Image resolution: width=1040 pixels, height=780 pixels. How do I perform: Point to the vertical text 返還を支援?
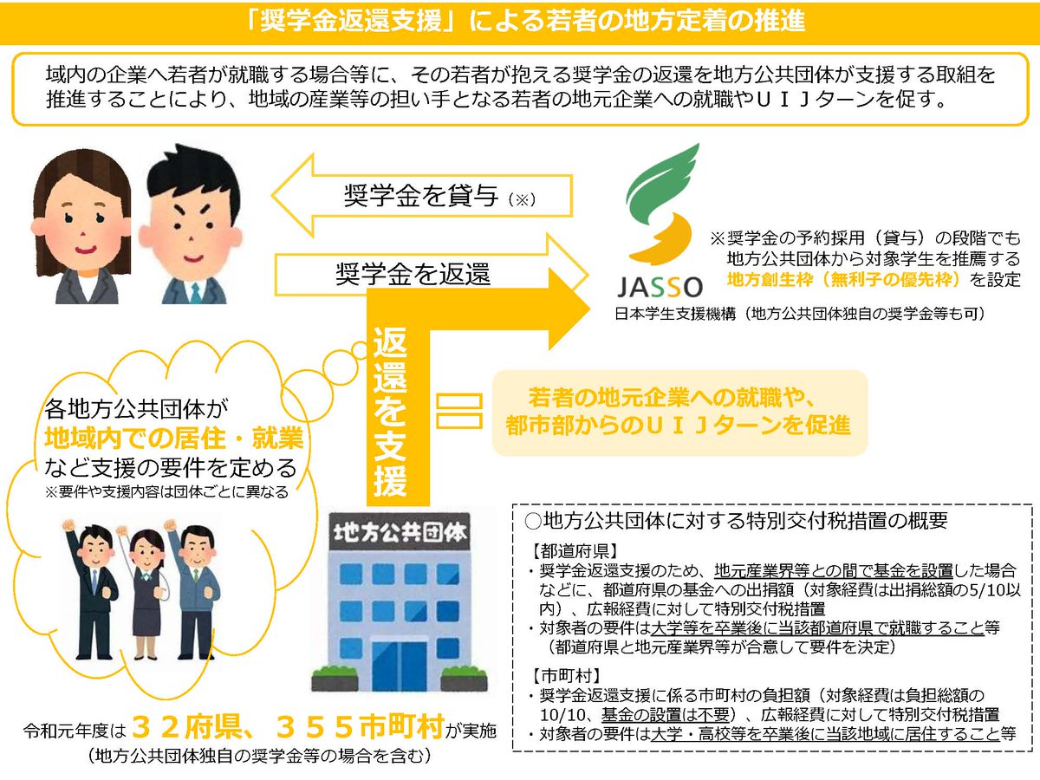(x=391, y=412)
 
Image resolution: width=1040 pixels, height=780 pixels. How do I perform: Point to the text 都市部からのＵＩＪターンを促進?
(x=679, y=426)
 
